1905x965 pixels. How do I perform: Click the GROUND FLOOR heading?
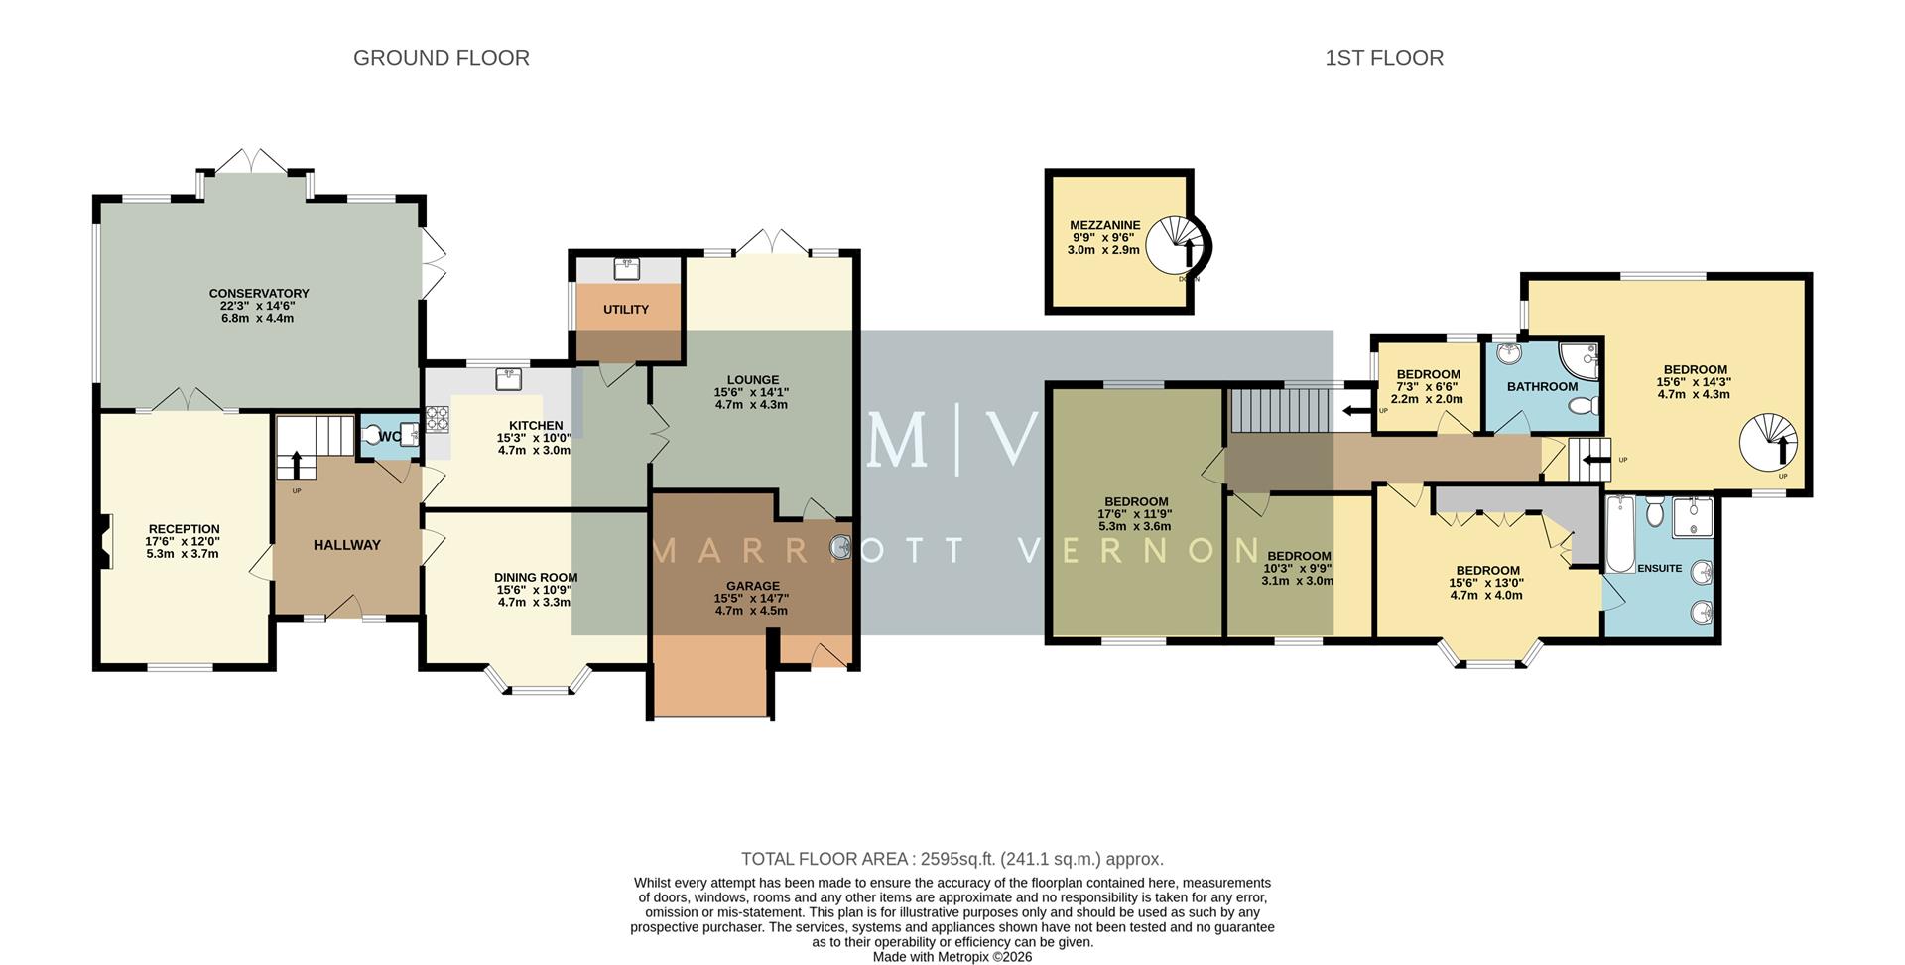(441, 58)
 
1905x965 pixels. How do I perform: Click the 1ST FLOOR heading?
(1383, 58)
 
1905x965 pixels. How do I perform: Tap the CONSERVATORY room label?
(259, 294)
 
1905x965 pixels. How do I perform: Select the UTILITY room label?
(626, 310)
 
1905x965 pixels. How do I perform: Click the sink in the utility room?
(626, 269)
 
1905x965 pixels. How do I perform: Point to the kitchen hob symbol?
(438, 418)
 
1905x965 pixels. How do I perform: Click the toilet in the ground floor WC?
(375, 435)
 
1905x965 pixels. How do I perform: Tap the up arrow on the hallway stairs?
(296, 465)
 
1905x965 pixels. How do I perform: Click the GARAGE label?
(751, 586)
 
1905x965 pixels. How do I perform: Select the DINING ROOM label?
(536, 577)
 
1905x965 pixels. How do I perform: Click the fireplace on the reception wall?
(104, 542)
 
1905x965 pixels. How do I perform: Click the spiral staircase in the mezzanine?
(1179, 245)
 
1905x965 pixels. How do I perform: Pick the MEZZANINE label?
(1104, 226)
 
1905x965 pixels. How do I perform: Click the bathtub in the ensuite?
(1619, 534)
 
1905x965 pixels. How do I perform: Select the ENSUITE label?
(1659, 569)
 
